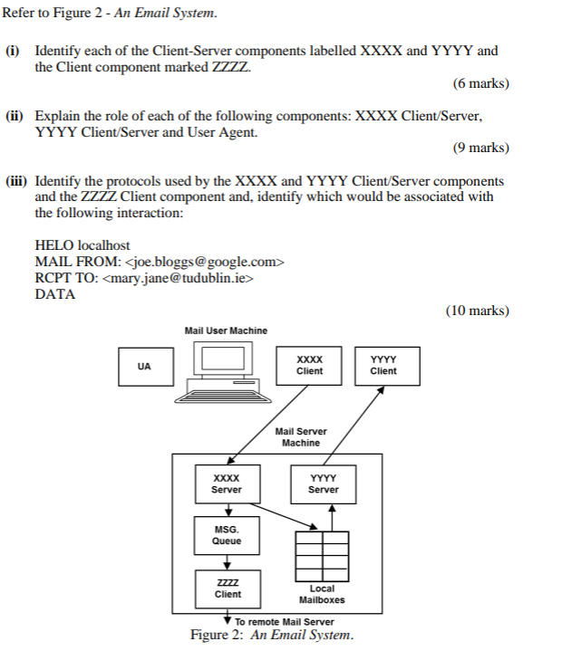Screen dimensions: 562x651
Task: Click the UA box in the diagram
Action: [146, 367]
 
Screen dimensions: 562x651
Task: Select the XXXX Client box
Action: [309, 366]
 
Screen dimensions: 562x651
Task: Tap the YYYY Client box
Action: [387, 366]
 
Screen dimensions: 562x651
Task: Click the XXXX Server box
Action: [228, 484]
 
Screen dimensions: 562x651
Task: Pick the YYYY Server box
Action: [324, 484]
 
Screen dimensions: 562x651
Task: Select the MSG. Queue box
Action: [227, 536]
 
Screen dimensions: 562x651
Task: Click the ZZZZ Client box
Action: [228, 589]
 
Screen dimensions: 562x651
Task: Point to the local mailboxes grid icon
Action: [322, 556]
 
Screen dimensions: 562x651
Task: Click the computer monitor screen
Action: [223, 358]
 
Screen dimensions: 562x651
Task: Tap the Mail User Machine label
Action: [226, 330]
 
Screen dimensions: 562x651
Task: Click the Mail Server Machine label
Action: [301, 437]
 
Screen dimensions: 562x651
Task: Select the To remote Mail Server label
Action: [285, 621]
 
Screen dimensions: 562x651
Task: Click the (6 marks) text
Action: [481, 83]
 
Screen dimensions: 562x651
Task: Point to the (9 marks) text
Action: [481, 148]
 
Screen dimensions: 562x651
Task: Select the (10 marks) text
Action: [477, 311]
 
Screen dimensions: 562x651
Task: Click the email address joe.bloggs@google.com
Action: [205, 262]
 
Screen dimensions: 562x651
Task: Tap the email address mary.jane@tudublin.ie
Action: [178, 278]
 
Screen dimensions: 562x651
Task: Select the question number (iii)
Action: [16, 181]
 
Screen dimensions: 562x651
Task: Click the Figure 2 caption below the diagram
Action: [272, 636]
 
